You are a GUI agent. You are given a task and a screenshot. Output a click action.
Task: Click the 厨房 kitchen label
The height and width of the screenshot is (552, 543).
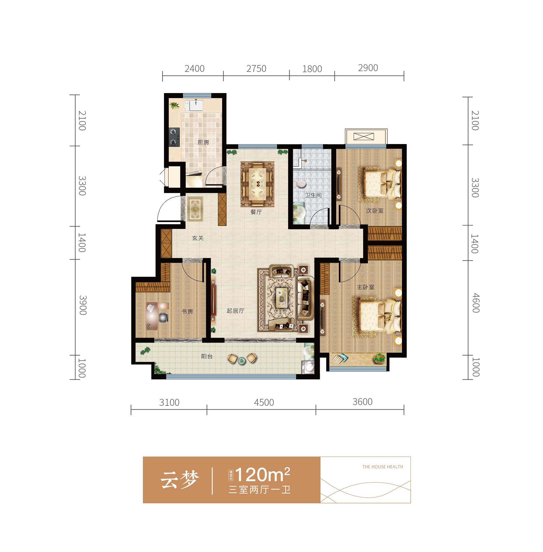pos(203,142)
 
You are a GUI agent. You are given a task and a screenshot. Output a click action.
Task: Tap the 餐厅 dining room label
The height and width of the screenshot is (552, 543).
pos(256,212)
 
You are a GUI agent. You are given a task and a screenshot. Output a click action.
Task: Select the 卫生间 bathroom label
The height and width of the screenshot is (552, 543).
pos(313,195)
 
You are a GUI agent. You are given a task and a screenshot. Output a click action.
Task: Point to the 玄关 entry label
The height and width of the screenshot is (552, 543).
pos(198,238)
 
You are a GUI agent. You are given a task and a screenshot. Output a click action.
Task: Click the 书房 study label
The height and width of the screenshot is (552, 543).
pos(187,311)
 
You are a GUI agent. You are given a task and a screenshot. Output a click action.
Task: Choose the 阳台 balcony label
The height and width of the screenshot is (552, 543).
pos(207,356)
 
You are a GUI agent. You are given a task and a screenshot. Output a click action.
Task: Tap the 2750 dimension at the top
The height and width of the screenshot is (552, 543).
pos(256,68)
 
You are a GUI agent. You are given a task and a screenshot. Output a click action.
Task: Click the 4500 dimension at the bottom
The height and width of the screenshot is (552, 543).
pos(264,402)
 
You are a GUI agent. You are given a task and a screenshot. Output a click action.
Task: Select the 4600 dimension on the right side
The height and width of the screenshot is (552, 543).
pos(475,303)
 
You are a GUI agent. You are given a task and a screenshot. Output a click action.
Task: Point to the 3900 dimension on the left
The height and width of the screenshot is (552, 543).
pos(83,305)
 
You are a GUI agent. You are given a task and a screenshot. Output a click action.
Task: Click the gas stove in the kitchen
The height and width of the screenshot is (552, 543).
pos(174,137)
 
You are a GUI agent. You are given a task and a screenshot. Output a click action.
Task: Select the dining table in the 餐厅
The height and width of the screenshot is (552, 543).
pos(258,184)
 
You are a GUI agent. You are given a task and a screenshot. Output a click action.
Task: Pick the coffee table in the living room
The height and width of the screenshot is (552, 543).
pos(282,297)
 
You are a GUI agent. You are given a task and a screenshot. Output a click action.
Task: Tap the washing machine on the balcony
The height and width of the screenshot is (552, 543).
pos(308,367)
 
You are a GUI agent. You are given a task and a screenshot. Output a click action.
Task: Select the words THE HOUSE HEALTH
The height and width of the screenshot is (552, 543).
pos(382,467)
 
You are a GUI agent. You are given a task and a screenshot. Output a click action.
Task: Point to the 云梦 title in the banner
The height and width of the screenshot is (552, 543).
pos(179,480)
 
